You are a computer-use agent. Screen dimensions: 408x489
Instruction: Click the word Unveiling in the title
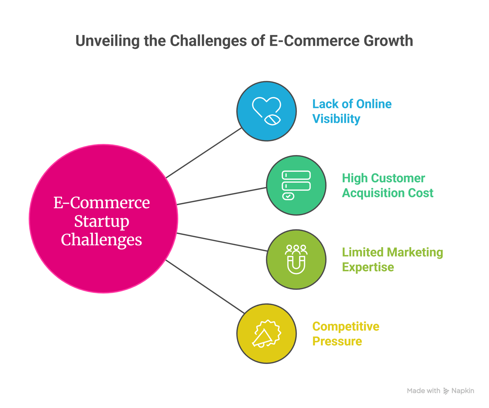coord(107,41)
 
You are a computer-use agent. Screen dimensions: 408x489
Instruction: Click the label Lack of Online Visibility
coord(351,111)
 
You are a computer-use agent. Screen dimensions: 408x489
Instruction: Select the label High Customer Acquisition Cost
coord(387,185)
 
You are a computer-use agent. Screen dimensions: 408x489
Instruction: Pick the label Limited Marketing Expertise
coord(392,260)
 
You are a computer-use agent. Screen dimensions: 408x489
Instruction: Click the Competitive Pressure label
coord(345,334)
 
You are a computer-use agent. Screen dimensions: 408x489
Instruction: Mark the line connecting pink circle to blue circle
coord(204,153)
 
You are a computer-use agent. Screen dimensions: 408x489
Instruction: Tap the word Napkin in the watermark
coord(463,391)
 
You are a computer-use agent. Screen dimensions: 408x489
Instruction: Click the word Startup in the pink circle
coord(102,221)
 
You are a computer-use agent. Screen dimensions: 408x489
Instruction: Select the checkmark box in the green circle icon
coord(288,196)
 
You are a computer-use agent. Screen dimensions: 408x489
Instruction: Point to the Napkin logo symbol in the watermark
coord(446,391)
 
